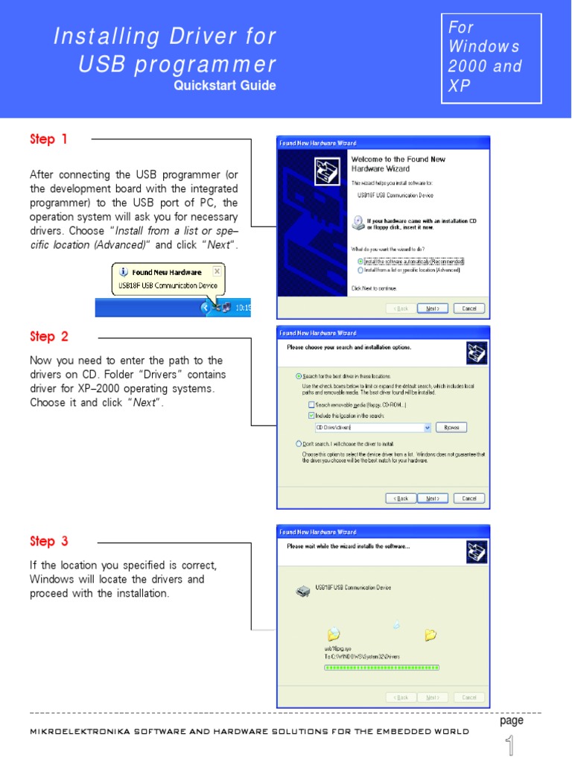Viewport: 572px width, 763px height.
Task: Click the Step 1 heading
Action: coord(48,139)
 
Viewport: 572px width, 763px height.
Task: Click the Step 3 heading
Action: coord(48,542)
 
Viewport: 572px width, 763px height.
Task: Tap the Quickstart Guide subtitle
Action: coord(225,86)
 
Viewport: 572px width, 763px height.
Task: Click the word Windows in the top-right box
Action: coord(483,46)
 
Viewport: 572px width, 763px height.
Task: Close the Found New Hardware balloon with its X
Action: coord(217,271)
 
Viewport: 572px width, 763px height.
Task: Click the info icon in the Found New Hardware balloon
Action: coord(124,272)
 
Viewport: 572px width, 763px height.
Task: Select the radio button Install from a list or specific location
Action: coord(360,270)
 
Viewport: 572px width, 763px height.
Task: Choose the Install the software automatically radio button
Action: coord(360,262)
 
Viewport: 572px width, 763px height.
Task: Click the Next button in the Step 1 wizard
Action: coord(432,308)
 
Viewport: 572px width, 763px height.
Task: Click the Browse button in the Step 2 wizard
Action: coord(451,428)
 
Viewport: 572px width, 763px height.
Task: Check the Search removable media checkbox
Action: coord(311,405)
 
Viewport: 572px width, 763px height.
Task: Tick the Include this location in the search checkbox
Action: coord(311,416)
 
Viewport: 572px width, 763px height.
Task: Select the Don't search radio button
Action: coord(299,443)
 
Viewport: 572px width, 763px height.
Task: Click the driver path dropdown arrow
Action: coord(427,428)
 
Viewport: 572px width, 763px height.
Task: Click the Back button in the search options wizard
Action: coord(401,498)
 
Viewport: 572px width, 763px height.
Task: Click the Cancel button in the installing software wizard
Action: coord(468,697)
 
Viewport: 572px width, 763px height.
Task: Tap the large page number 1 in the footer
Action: coord(510,745)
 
